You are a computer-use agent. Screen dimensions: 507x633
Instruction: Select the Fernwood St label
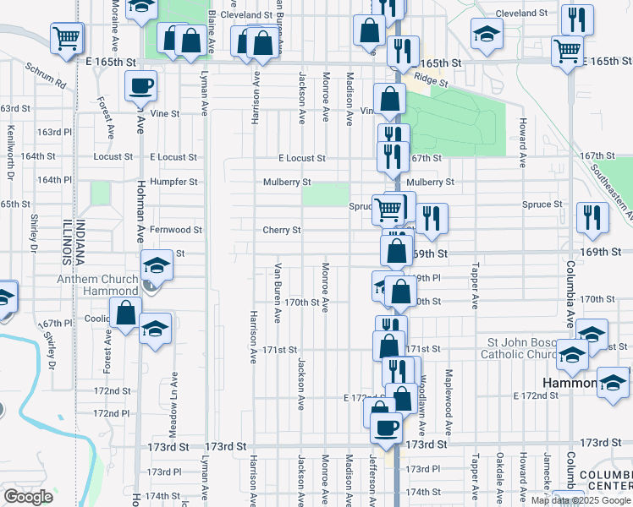[175, 229]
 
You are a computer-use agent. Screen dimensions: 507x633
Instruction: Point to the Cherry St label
[282, 230]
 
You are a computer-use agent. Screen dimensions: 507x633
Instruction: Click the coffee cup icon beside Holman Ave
[140, 85]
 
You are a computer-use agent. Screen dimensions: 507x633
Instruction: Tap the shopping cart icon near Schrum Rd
[67, 38]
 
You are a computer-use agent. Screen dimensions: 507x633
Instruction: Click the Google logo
[28, 497]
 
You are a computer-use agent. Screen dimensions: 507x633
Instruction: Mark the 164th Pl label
[53, 180]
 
